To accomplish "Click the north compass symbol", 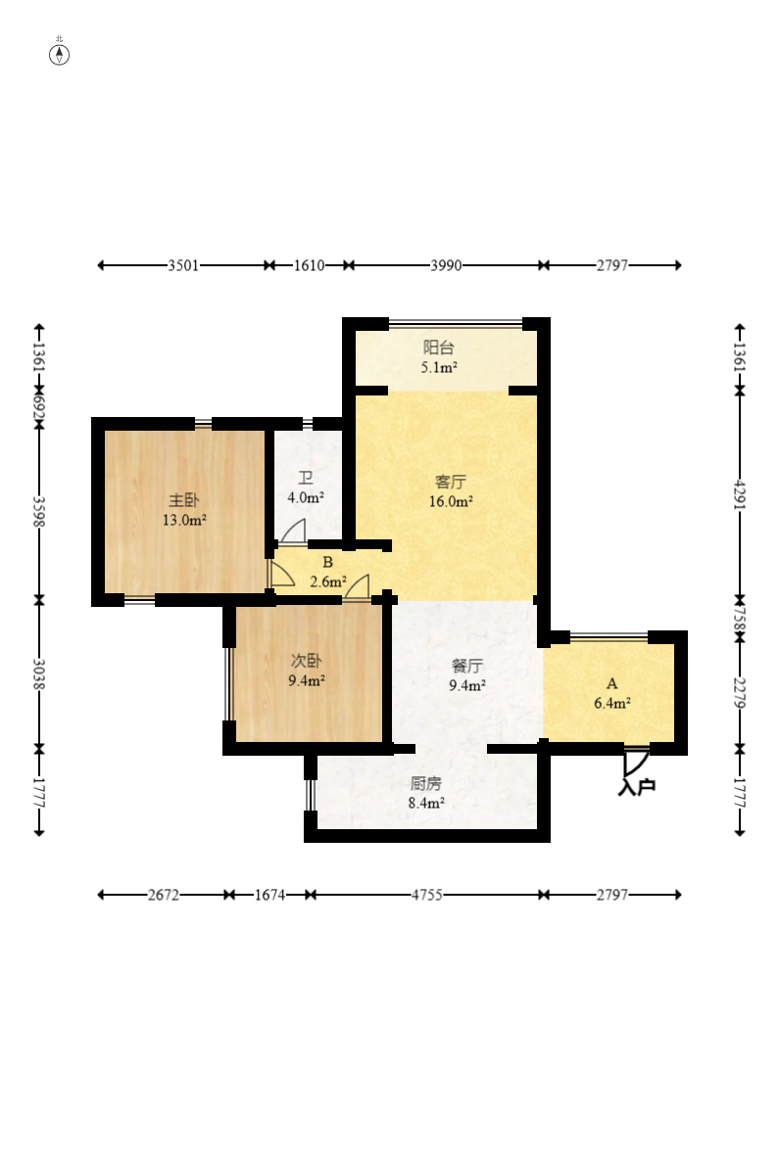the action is click(x=59, y=54).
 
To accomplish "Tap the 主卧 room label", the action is click(x=184, y=501).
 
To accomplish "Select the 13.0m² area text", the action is click(x=184, y=520).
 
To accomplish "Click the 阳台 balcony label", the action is click(x=438, y=348).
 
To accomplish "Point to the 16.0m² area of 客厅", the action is click(x=451, y=501).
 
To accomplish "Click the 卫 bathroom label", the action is click(x=306, y=479).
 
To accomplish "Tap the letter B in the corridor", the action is click(x=327, y=563).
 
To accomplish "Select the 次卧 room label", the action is click(x=306, y=661).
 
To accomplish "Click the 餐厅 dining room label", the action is click(x=467, y=666).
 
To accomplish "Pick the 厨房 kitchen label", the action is click(x=426, y=783).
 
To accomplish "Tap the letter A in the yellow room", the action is click(x=611, y=683).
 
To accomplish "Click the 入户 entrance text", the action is click(x=637, y=786).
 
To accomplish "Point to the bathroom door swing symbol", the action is click(x=293, y=532).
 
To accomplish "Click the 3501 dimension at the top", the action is click(x=183, y=265).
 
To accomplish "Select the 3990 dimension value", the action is click(x=446, y=265).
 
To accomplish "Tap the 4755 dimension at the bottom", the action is click(x=426, y=895).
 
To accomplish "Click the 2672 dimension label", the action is click(x=164, y=895).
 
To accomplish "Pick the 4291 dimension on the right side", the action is click(x=740, y=494).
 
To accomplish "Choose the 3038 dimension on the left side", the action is click(x=39, y=673).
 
